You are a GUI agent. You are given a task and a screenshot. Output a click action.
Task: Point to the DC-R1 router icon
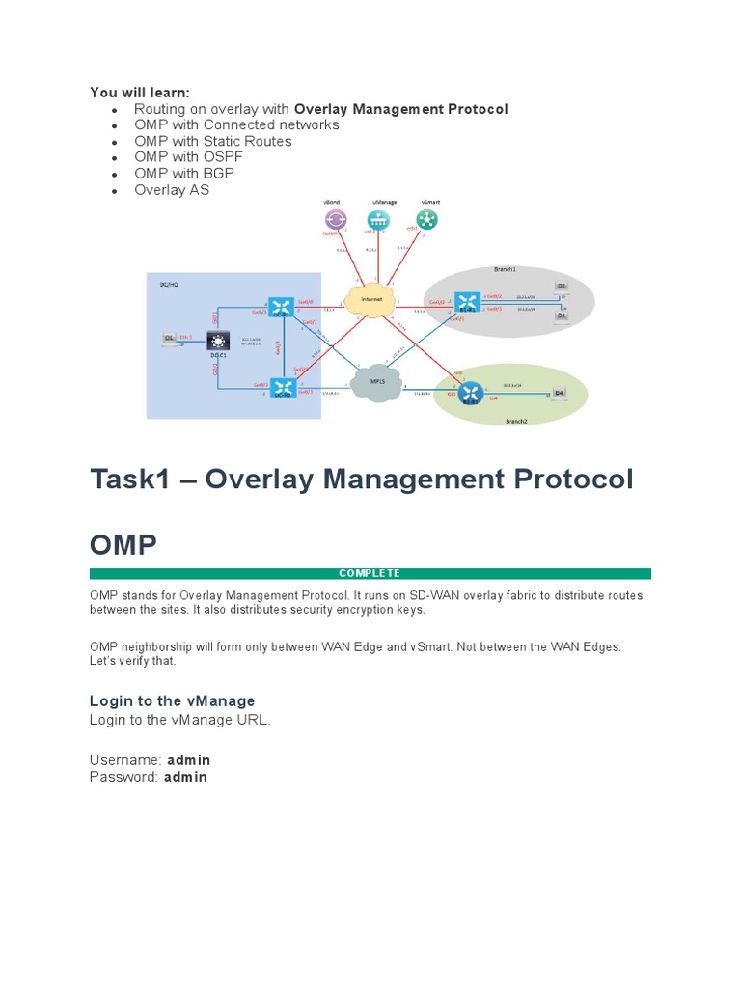281,308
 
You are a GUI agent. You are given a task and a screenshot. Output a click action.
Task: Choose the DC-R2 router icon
281,389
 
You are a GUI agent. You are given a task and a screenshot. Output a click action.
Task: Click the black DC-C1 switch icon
219,341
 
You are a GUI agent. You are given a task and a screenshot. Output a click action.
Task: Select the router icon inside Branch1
467,302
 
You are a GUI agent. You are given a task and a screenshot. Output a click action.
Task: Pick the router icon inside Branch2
470,392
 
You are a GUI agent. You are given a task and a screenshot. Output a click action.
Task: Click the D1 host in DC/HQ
169,339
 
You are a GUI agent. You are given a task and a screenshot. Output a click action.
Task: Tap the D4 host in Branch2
557,393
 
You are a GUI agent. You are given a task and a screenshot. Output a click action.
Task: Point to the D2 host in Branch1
562,288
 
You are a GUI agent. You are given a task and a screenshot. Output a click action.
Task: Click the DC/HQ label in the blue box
169,286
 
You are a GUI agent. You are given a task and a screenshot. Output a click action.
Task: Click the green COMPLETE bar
370,574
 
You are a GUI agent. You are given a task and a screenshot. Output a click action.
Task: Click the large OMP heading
123,545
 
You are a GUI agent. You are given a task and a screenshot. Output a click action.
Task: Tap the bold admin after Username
188,760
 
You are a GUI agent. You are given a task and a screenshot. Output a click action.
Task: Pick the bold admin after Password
185,777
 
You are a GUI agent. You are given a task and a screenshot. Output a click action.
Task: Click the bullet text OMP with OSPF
180,157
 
